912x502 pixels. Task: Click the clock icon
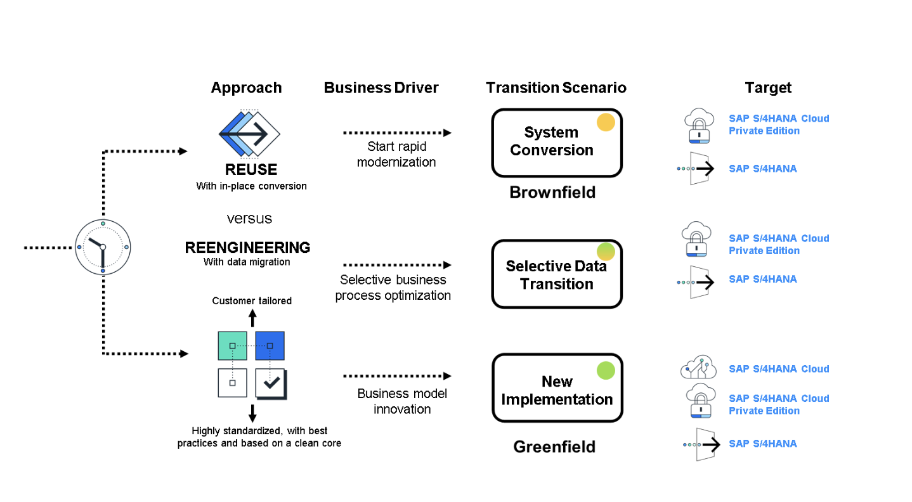pyautogui.click(x=102, y=247)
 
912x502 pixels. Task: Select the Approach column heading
pyautogui.click(x=246, y=87)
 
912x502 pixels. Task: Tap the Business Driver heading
pyautogui.click(x=381, y=87)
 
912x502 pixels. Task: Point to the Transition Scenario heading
pyautogui.click(x=556, y=87)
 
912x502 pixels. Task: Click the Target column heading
pyautogui.click(x=768, y=87)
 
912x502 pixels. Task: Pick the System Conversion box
pyautogui.click(x=556, y=143)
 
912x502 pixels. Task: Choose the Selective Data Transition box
pyautogui.click(x=556, y=274)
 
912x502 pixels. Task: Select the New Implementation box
pyautogui.click(x=556, y=389)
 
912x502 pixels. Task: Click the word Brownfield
pyautogui.click(x=552, y=192)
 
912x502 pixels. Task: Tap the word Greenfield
pyautogui.click(x=554, y=447)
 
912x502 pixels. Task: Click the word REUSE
pyautogui.click(x=251, y=170)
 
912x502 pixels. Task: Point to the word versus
pyautogui.click(x=249, y=219)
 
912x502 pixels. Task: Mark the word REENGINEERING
pyautogui.click(x=247, y=247)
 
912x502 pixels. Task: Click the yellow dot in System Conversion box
pyautogui.click(x=606, y=122)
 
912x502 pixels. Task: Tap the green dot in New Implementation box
pyautogui.click(x=606, y=370)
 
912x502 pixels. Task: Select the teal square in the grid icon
pyautogui.click(x=232, y=345)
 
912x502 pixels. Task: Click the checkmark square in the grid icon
pyautogui.click(x=270, y=383)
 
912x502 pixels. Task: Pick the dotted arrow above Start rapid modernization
pyautogui.click(x=397, y=133)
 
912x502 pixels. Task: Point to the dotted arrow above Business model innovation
pyautogui.click(x=397, y=376)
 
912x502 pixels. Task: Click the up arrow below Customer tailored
pyautogui.click(x=252, y=318)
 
